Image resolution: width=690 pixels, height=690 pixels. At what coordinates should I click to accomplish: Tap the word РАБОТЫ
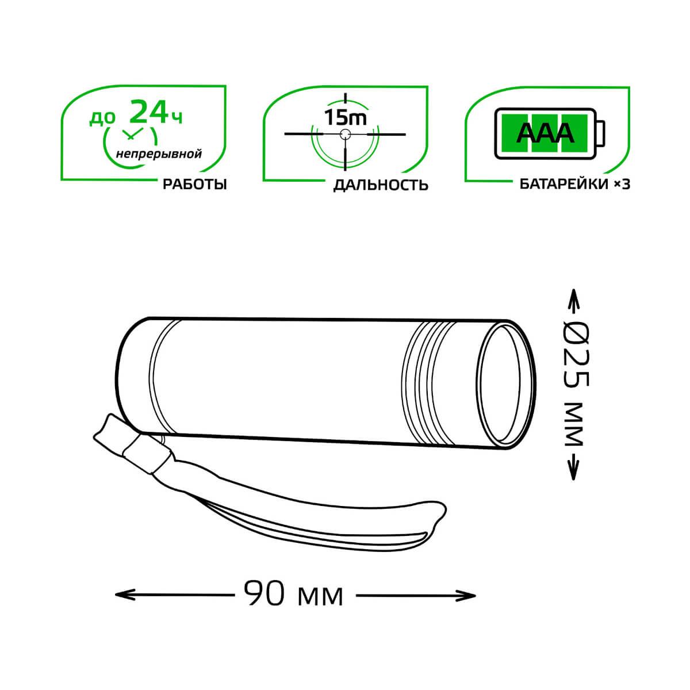coord(195,185)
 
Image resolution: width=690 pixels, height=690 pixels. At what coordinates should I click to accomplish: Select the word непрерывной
coord(159,154)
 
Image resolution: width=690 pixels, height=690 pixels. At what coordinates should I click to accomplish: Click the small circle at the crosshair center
coord(345,135)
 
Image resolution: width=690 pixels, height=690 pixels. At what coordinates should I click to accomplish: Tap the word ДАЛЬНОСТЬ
coord(381,185)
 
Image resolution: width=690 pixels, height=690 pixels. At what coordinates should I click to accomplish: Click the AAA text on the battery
coord(545,133)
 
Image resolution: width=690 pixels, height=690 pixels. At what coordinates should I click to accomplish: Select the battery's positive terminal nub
coord(601,133)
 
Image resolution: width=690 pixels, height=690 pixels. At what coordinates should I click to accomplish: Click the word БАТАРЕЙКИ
coord(564,185)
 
